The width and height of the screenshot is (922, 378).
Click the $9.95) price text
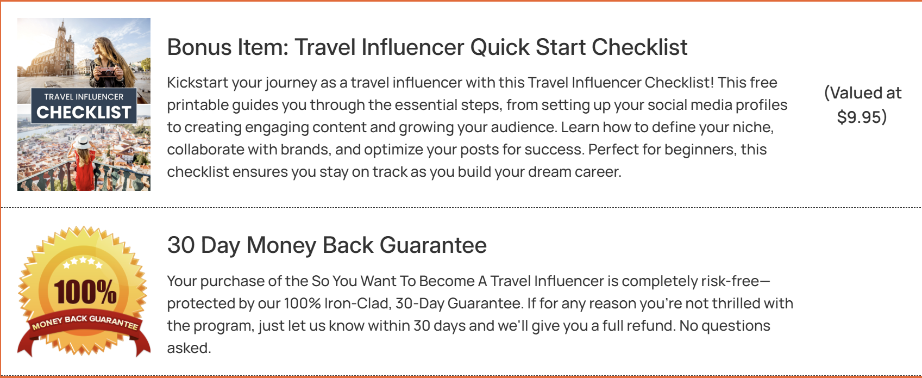862,116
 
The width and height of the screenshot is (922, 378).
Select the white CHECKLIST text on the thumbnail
84,112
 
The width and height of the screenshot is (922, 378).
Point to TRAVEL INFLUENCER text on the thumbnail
84,97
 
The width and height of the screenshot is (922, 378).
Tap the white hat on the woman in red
81,143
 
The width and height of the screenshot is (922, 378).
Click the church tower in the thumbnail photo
62,45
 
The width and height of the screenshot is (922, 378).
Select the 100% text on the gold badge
85,292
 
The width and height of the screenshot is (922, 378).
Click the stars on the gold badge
83,262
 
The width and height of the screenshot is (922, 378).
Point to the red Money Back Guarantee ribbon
84,330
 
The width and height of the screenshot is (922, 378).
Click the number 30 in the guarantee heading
181,245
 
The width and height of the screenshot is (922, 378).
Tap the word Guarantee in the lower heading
433,245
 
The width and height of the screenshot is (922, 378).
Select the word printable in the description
198,105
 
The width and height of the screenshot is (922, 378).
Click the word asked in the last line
189,348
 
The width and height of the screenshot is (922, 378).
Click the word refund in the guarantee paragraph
649,326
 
